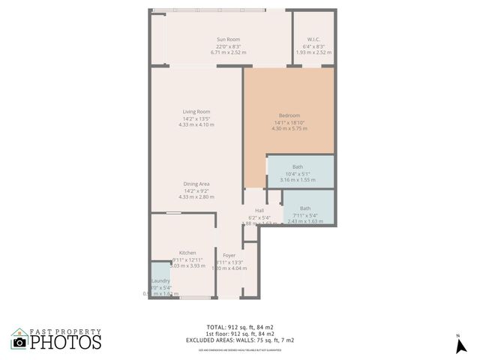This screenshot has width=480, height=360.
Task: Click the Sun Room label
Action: (x=229, y=39)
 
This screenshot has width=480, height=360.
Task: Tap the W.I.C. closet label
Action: (x=313, y=39)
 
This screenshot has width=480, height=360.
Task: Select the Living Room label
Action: (x=196, y=112)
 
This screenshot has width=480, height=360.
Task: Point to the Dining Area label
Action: (x=196, y=184)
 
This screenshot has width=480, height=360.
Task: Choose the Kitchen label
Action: (x=187, y=253)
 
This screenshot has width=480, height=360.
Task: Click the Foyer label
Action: (x=229, y=256)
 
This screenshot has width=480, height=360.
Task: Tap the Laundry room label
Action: (x=161, y=280)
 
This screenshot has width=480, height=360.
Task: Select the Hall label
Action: (x=259, y=211)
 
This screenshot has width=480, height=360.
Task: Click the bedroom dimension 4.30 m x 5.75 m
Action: (x=289, y=129)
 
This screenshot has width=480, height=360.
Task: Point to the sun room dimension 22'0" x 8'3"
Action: (x=229, y=46)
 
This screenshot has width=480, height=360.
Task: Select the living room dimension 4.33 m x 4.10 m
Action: (x=196, y=124)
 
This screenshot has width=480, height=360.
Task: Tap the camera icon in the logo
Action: (x=19, y=342)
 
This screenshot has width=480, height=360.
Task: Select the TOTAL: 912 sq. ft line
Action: (x=240, y=327)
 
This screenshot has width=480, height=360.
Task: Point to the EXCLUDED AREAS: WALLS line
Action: (x=240, y=340)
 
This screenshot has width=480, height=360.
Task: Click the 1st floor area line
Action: (x=240, y=334)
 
